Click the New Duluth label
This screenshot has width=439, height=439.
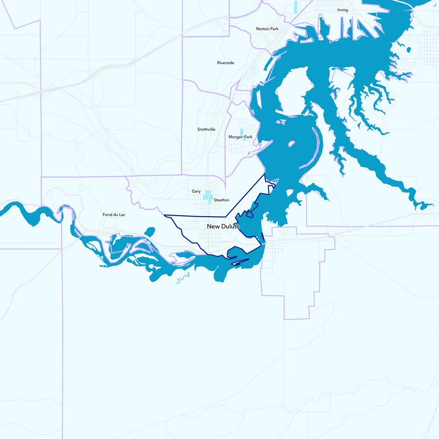[x=223, y=226]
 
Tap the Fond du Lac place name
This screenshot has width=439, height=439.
[x=114, y=215]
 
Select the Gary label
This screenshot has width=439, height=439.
[x=196, y=192]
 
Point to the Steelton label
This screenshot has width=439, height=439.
[x=221, y=200]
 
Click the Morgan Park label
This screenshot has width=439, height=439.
[x=240, y=137]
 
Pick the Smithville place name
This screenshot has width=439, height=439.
[x=206, y=129]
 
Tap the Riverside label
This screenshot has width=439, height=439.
[x=226, y=63]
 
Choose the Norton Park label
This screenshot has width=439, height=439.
[x=267, y=29]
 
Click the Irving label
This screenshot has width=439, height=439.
[x=342, y=10]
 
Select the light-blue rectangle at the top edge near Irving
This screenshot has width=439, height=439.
[x=296, y=7]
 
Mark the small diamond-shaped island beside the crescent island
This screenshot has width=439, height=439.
[x=291, y=144]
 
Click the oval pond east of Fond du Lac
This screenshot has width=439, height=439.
[x=150, y=231]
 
